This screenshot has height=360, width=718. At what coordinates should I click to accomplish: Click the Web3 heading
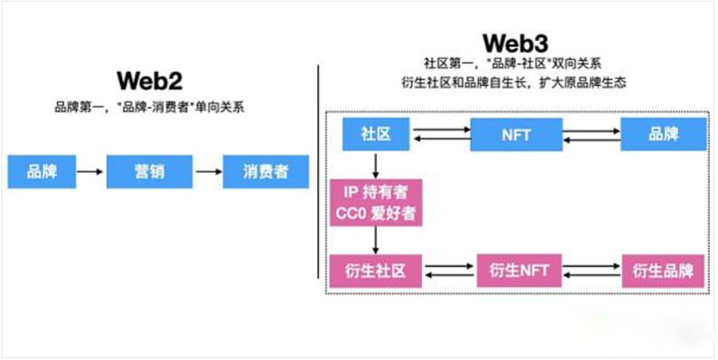pos(516,44)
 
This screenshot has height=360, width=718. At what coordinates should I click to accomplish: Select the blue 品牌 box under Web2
pos(41,172)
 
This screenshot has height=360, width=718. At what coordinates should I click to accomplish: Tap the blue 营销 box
pos(149,172)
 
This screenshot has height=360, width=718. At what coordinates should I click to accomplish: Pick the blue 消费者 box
pos(264,172)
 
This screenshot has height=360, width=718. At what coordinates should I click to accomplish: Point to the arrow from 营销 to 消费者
pos(207,172)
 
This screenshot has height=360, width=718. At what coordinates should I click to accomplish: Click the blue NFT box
pos(518,134)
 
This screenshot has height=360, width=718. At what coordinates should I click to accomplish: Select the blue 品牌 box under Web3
pos(663,134)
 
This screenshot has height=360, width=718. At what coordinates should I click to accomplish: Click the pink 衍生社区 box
pos(372,269)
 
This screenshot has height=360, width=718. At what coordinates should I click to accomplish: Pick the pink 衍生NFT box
pos(520,269)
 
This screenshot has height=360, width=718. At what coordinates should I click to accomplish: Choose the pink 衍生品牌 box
pos(663,269)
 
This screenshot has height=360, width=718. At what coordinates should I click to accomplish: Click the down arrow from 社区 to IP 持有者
pos(375,165)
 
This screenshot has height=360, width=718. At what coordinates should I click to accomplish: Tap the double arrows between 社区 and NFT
pos(444,134)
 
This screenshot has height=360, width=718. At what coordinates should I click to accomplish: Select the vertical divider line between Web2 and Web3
pos(318,180)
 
